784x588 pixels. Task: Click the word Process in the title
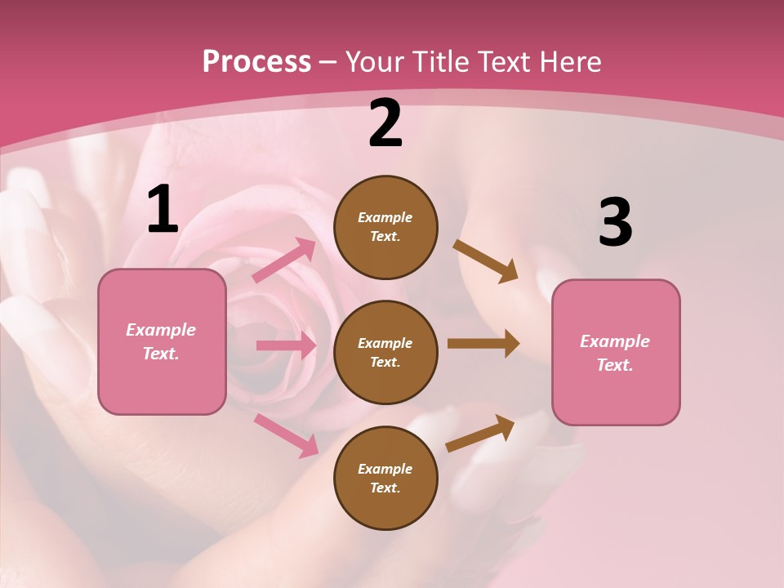256,62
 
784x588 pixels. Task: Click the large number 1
163,210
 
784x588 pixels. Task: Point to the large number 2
385,124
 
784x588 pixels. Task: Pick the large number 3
615,222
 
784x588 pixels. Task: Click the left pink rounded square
162,341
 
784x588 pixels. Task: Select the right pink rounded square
616,353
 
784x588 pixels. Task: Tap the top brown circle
385,227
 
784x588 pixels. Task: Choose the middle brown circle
385,353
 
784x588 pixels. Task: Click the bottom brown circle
385,479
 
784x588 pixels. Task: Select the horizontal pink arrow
286,345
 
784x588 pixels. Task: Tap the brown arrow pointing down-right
486,261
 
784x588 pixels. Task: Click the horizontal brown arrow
483,344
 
